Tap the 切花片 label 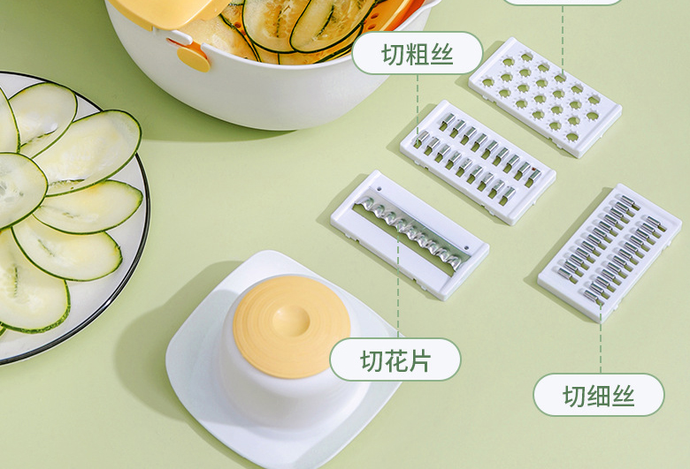(395, 359)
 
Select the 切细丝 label (599, 395)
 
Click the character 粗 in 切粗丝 (418, 55)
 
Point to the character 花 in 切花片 (395, 360)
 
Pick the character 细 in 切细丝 (599, 396)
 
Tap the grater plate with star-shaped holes (545, 97)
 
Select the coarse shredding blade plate (478, 163)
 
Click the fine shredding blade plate (609, 253)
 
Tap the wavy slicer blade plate (410, 235)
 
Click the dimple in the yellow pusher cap (290, 320)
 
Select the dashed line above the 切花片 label (398, 285)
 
